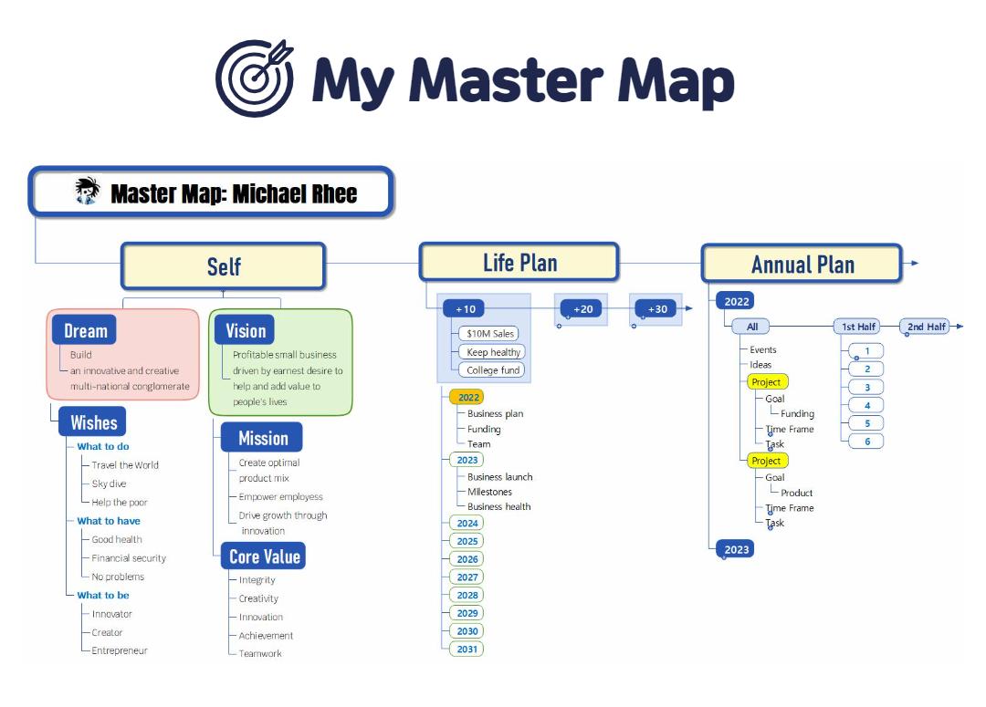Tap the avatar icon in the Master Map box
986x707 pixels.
point(87,192)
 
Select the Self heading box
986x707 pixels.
point(224,265)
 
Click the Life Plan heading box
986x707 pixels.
point(519,263)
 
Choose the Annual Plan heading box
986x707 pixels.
point(802,265)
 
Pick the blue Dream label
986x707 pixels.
point(85,330)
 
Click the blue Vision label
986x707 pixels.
point(246,330)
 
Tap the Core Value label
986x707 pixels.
point(264,556)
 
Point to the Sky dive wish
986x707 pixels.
point(109,483)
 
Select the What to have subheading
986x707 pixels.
point(109,521)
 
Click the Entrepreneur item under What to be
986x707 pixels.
point(119,650)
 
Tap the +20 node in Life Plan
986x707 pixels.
point(582,309)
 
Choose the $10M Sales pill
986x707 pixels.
point(491,334)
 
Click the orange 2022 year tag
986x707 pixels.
point(468,398)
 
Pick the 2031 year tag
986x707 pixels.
point(467,649)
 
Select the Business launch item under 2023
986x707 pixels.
point(499,476)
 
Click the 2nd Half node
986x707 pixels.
point(927,327)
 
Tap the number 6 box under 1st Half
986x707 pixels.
point(866,442)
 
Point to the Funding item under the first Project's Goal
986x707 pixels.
point(797,413)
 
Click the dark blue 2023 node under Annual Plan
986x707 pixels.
point(737,549)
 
